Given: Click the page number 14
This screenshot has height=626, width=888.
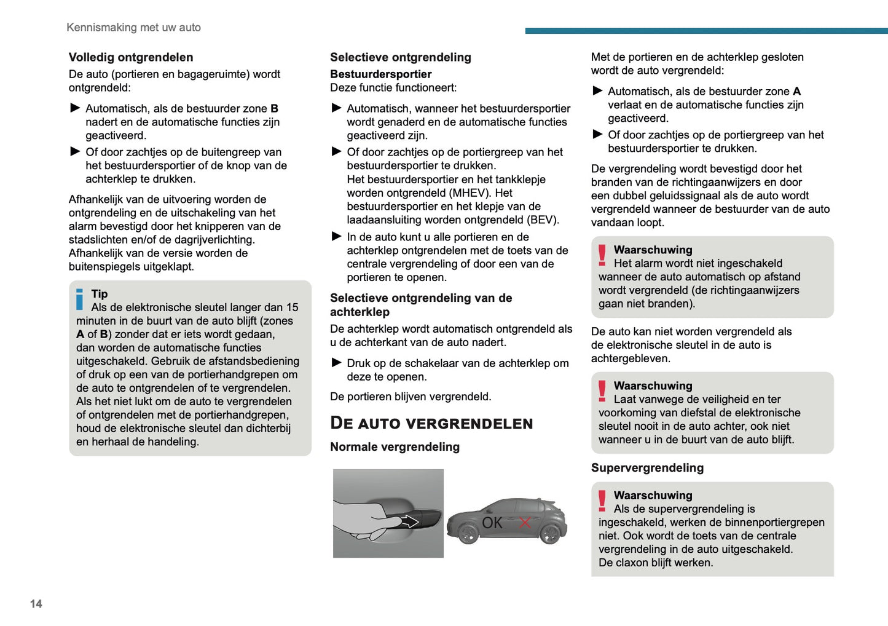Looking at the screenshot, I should coord(36,604).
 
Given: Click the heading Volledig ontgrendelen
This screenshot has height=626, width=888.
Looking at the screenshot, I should coord(131,57).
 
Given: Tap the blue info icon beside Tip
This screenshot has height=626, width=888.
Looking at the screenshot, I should coord(79,299).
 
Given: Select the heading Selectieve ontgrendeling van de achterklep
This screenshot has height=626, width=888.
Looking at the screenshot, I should coord(421,304).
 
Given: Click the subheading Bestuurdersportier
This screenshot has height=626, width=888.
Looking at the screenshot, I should coord(381,74).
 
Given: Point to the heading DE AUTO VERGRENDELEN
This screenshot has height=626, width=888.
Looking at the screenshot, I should coord(431,423).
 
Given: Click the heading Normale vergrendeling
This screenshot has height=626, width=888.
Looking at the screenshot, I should coord(395,447).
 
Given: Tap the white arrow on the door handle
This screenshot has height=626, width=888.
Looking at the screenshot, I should coord(409,522).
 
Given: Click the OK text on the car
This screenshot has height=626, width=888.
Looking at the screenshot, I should coord(492,523).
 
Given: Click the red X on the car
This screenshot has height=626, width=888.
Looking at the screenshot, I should coord(525,523).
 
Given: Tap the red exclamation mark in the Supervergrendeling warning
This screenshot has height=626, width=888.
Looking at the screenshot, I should coord(602,501).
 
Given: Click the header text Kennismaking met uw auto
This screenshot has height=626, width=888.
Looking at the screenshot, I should coord(133,28).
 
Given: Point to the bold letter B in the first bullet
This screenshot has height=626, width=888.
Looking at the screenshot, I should coord(275,109).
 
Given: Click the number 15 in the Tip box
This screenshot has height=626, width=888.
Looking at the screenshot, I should coord(292,307).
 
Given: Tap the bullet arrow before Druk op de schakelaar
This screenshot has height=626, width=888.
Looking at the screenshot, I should coord(336,363).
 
